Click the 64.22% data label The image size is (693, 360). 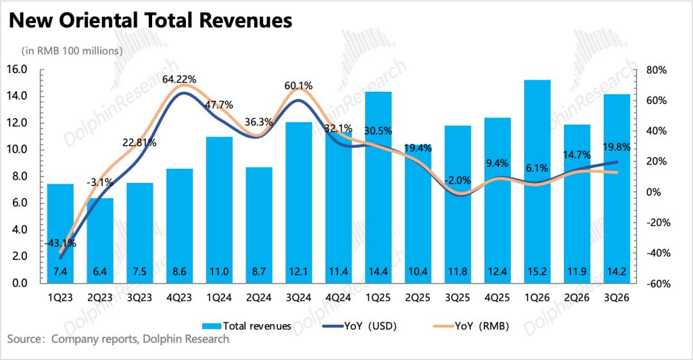point(179,79)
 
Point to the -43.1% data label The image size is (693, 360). point(60,243)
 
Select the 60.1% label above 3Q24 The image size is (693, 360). point(299,85)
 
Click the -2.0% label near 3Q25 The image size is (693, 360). point(458,180)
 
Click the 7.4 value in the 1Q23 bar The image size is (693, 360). point(60,273)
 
